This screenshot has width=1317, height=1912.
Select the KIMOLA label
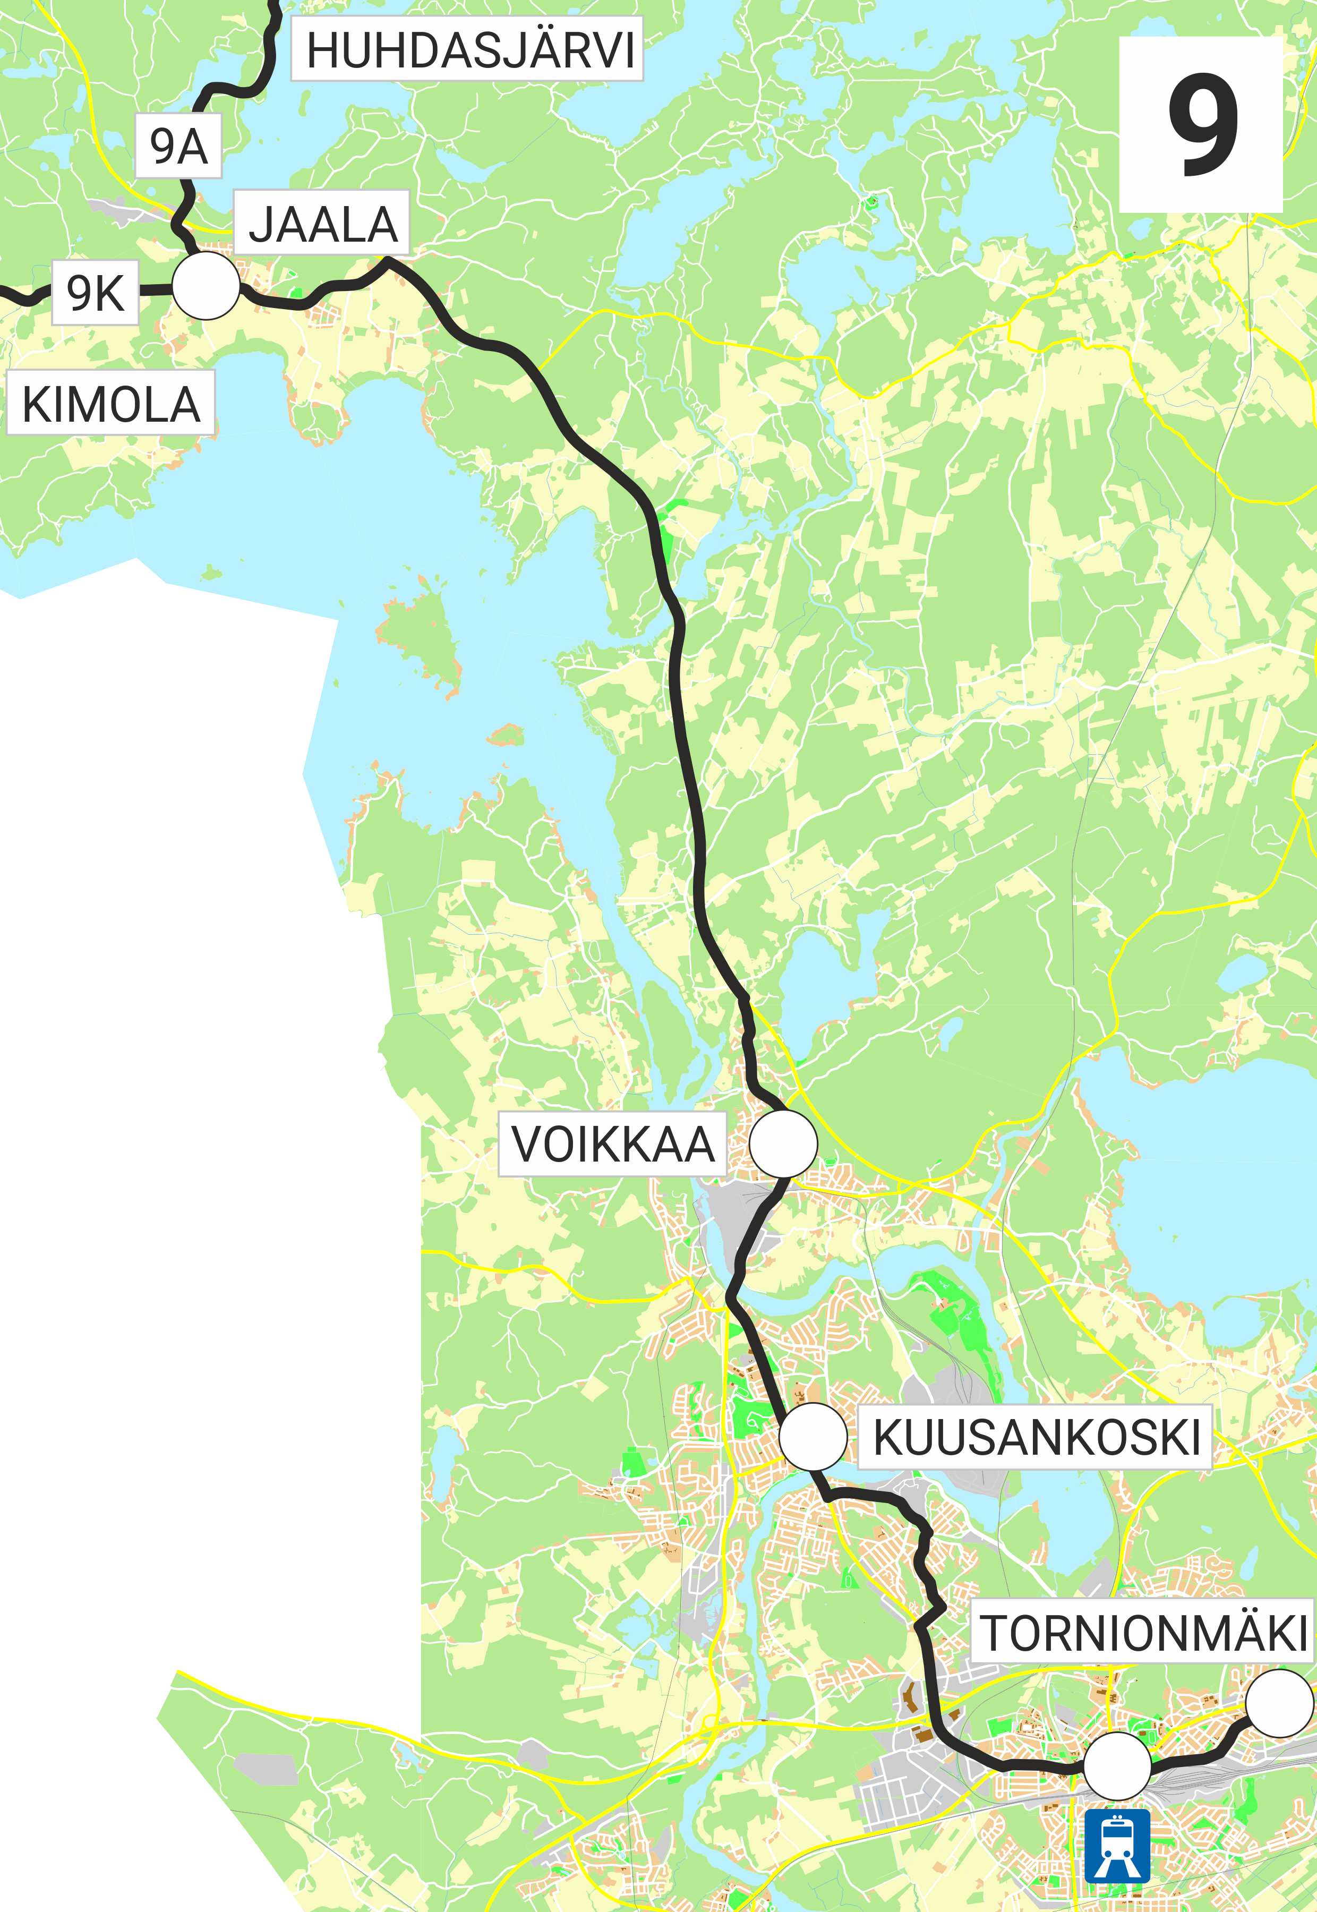[x=110, y=404]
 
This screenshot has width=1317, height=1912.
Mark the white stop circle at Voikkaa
[x=783, y=1143]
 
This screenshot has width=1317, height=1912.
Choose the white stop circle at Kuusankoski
[x=813, y=1437]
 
